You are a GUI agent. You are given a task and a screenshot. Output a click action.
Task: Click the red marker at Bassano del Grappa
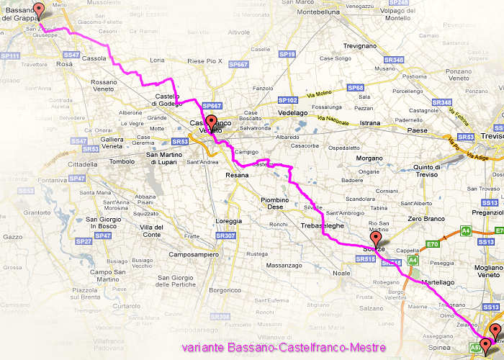[x=39, y=10]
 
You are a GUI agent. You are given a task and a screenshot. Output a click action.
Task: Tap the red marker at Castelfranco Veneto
[x=211, y=121]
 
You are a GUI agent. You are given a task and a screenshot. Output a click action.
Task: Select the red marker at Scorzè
[x=375, y=238]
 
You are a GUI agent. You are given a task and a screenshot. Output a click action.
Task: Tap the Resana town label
[x=237, y=175]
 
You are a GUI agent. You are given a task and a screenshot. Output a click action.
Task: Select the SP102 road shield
[x=287, y=100]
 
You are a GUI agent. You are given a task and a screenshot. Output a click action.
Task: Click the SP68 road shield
[x=355, y=88]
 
